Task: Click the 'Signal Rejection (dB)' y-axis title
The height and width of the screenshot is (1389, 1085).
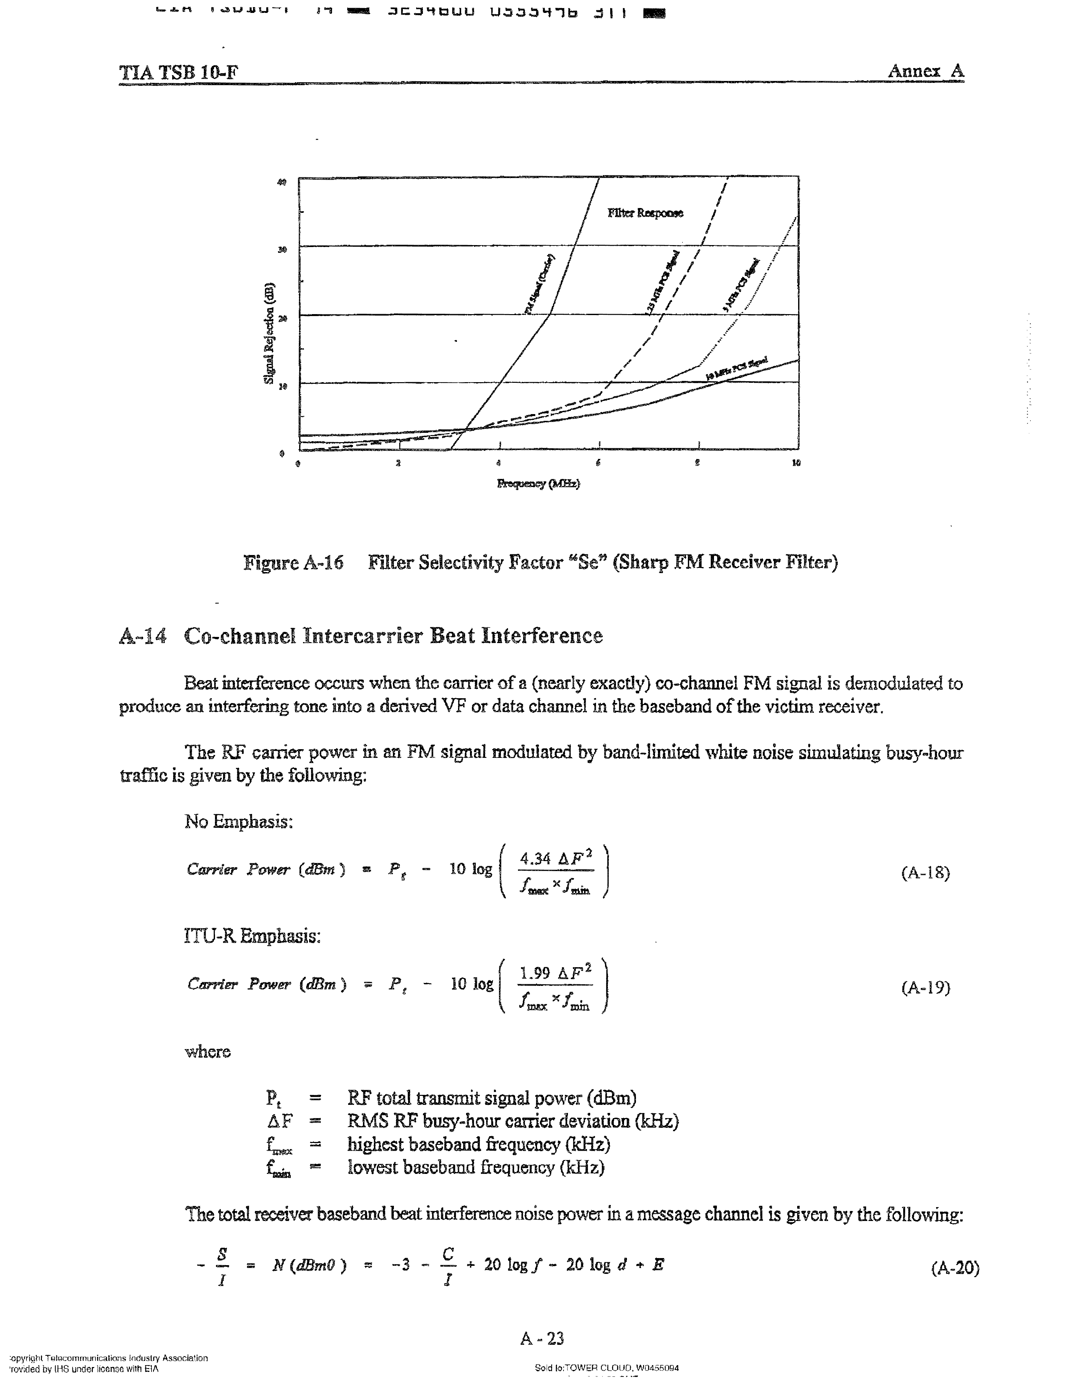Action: pyautogui.click(x=269, y=332)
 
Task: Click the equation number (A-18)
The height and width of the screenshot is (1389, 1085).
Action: pyautogui.click(x=925, y=873)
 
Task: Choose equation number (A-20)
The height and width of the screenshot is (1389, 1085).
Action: pyautogui.click(x=955, y=1268)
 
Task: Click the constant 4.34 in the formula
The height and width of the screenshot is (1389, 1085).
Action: pyautogui.click(x=534, y=858)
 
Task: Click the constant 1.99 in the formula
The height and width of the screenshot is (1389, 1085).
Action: pyautogui.click(x=534, y=973)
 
